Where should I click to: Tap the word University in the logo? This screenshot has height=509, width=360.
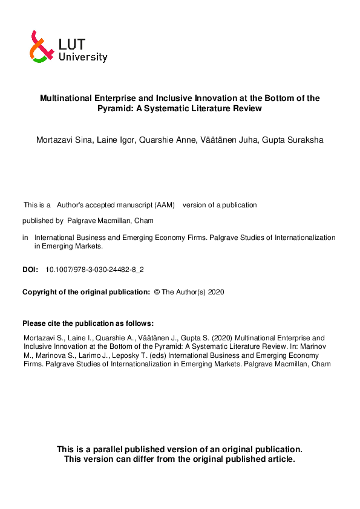pyautogui.click(x=83, y=57)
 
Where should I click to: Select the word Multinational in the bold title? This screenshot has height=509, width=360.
pyautogui.click(x=67, y=98)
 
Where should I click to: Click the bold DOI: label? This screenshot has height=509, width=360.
pyautogui.click(x=30, y=269)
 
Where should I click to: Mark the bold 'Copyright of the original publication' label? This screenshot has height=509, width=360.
pyautogui.click(x=86, y=292)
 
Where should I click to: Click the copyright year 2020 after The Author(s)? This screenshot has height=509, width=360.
pyautogui.click(x=216, y=292)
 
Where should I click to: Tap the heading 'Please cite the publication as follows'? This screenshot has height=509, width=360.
pyautogui.click(x=88, y=323)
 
